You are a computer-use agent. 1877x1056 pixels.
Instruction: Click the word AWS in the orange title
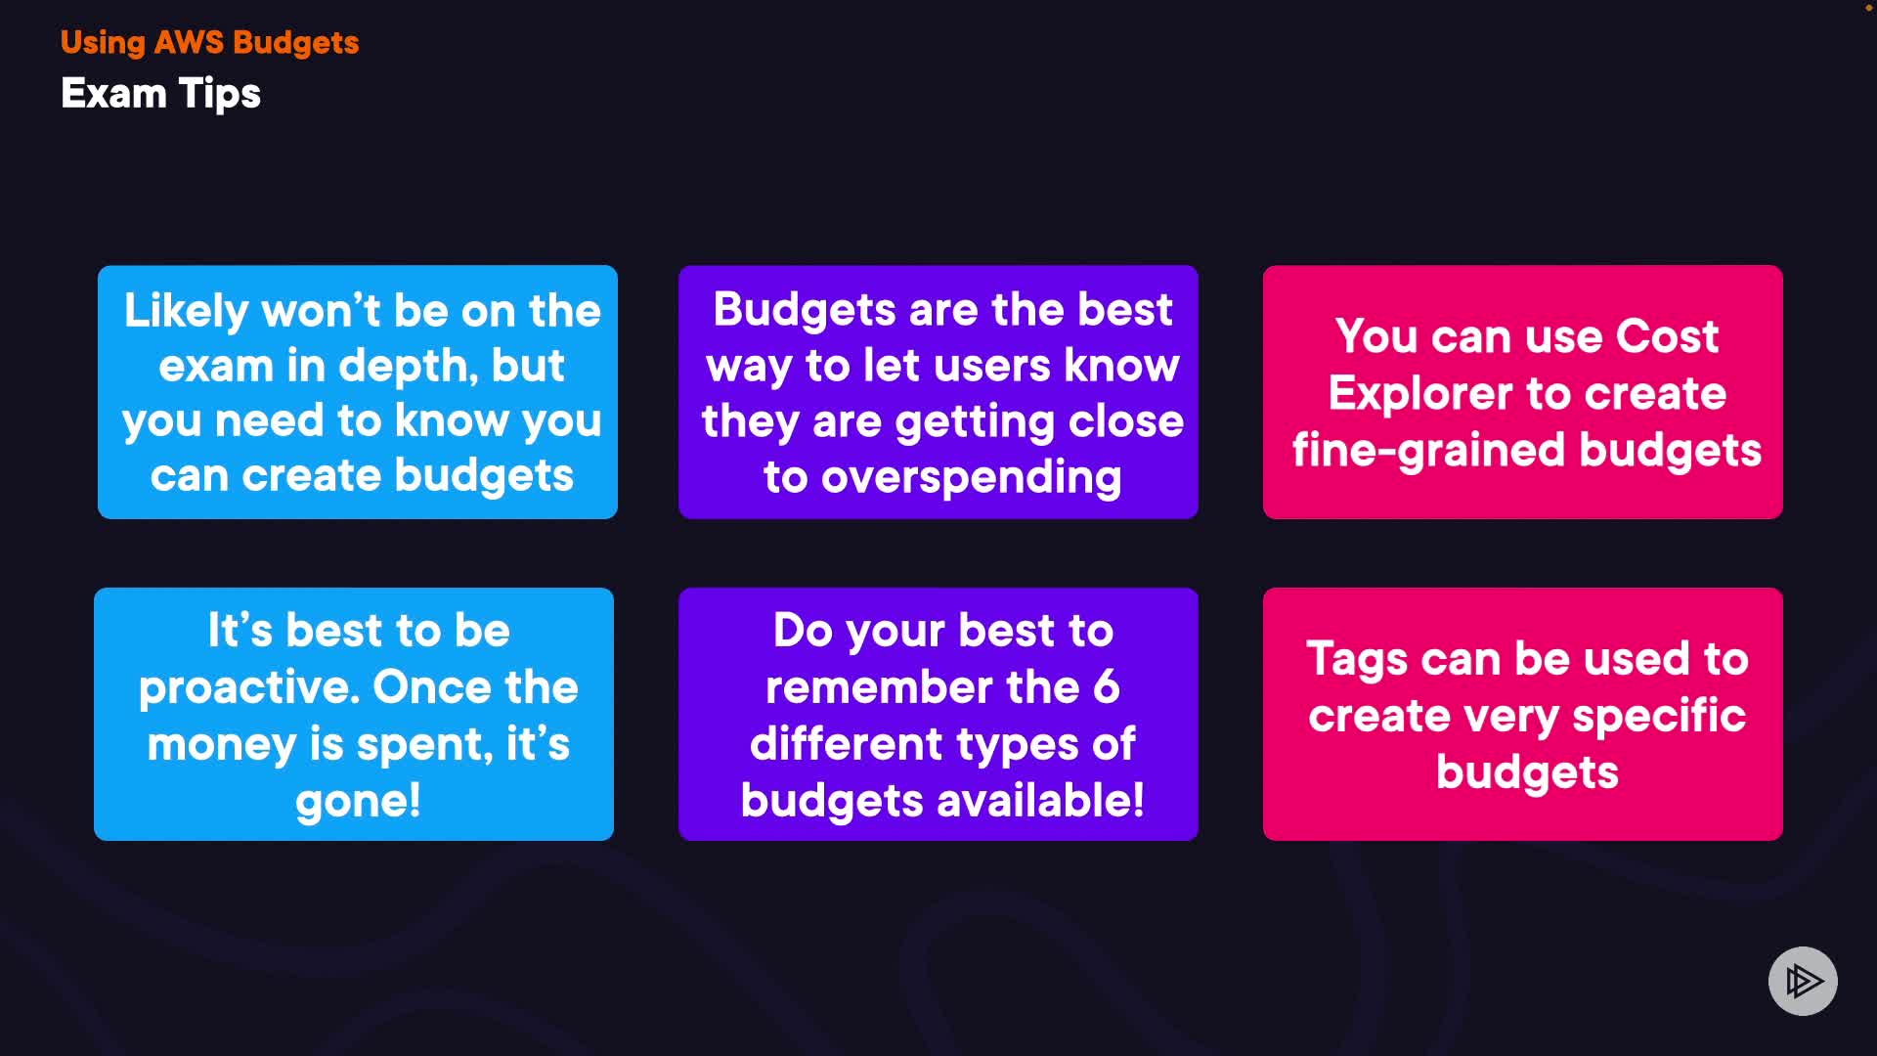click(189, 42)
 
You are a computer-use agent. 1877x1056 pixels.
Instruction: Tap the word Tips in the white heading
click(220, 95)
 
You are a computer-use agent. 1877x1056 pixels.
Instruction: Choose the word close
click(1126, 421)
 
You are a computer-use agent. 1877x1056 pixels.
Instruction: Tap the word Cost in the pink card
click(1667, 336)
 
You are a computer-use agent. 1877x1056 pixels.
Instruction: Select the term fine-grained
click(1428, 452)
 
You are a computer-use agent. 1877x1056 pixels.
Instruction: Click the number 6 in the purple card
click(1106, 686)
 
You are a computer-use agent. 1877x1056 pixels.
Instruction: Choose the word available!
click(1041, 800)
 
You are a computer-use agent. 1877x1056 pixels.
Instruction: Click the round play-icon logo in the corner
click(1803, 981)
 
